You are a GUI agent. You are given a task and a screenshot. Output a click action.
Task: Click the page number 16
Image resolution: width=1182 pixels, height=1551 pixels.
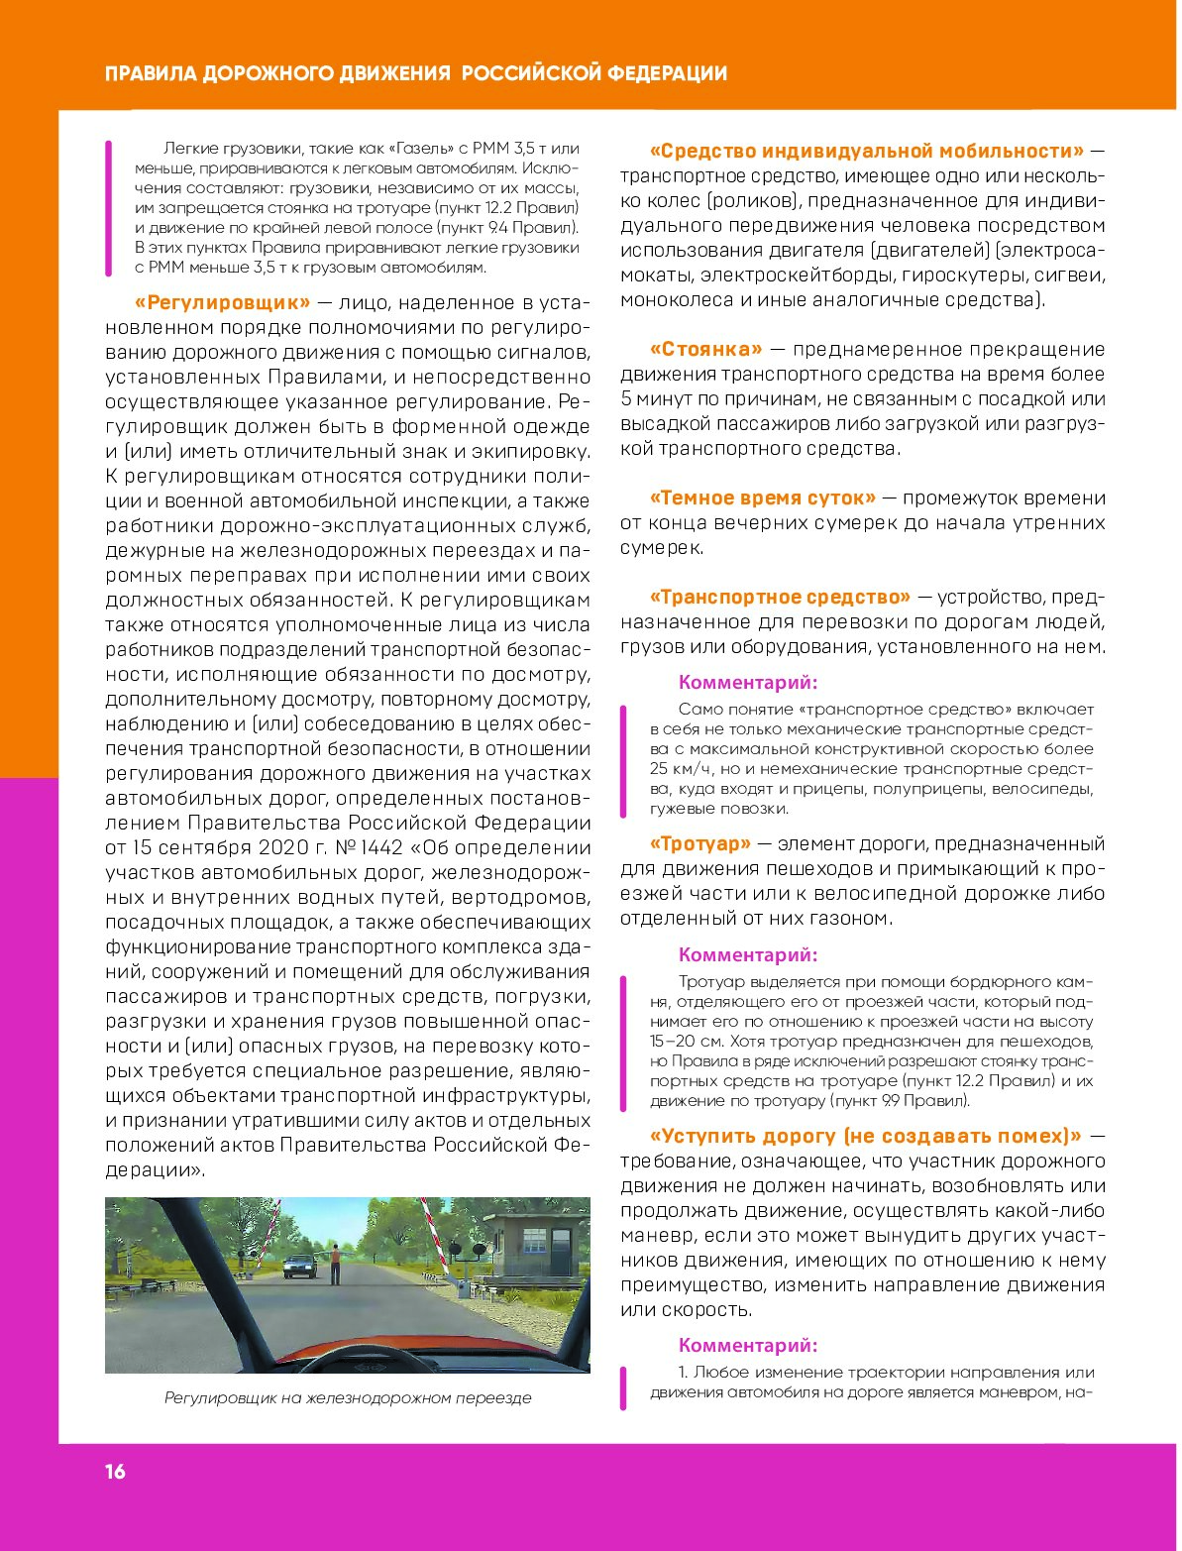tap(116, 1472)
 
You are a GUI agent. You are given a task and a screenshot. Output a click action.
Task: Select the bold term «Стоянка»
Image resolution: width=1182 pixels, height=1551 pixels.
tap(706, 350)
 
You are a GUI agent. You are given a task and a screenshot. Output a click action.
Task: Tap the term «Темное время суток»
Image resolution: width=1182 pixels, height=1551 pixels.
tap(763, 499)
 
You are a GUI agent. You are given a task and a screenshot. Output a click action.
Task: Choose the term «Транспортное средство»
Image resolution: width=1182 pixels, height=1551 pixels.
tap(780, 598)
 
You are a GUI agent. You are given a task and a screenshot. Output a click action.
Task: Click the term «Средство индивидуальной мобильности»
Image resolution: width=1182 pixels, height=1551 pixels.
tap(867, 152)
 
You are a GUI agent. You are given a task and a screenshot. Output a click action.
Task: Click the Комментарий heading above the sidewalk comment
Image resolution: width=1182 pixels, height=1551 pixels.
tap(748, 955)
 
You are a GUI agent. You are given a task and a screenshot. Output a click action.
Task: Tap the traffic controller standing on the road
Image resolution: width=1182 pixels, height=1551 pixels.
tap(336, 1265)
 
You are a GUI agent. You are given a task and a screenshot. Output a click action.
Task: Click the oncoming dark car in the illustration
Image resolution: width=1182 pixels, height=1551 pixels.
tap(299, 1268)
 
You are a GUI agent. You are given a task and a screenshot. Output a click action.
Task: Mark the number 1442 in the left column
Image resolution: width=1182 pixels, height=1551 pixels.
tap(379, 848)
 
